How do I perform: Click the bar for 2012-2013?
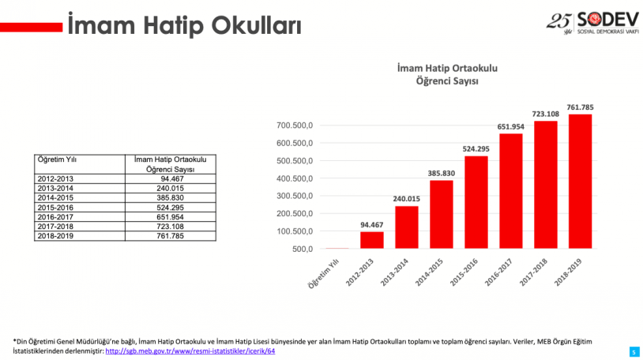[x=372, y=240]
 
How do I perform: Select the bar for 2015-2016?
[x=476, y=202]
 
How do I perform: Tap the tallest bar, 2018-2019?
[x=579, y=182]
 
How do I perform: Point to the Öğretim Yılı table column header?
[x=57, y=160]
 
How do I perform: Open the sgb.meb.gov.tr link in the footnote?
[x=190, y=350]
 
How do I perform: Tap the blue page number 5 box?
[x=634, y=351]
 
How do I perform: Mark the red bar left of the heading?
[x=32, y=27]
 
